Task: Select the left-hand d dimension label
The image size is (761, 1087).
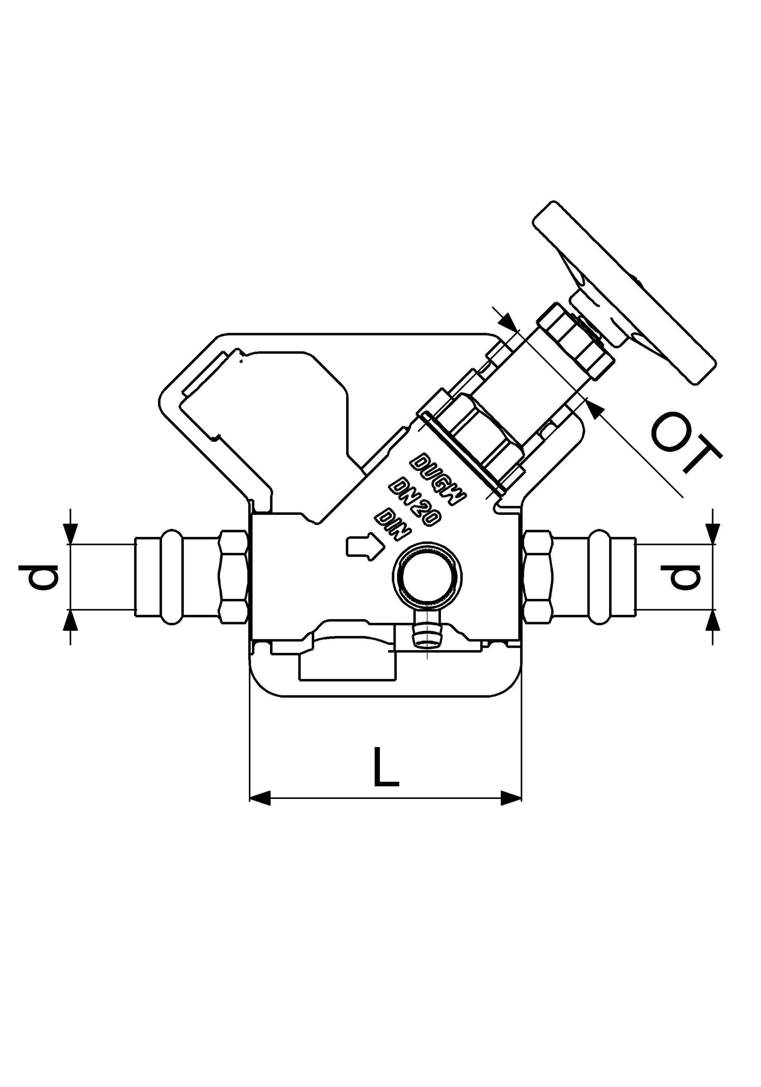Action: pos(38,576)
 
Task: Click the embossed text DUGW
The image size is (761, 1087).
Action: pos(438,479)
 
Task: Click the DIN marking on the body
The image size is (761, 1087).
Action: pos(392,525)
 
